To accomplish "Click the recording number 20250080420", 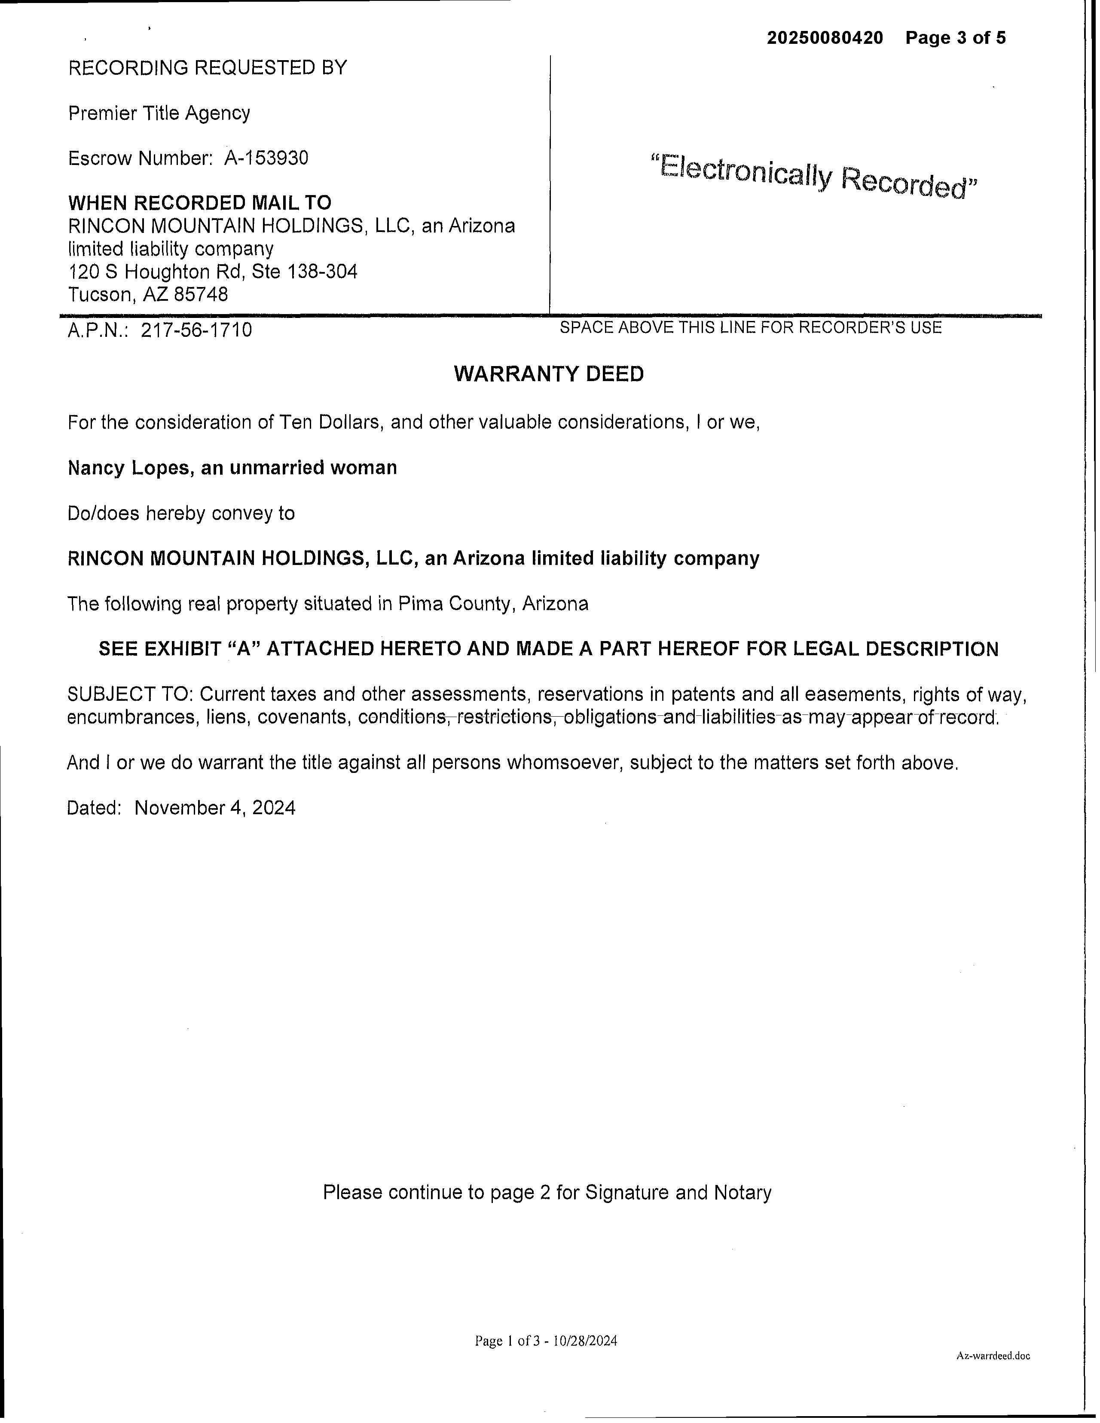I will point(824,38).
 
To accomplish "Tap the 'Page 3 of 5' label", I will point(955,38).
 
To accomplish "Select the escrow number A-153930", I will point(266,159).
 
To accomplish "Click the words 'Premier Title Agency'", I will point(159,113).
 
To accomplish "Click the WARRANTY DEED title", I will point(549,374).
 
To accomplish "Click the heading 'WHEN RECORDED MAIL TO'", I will point(199,203).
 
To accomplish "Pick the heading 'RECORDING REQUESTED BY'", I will point(207,68).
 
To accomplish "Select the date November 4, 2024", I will point(214,808).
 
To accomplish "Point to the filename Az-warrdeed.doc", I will point(993,1356).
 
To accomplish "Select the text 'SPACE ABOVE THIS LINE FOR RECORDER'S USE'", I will point(750,327).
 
